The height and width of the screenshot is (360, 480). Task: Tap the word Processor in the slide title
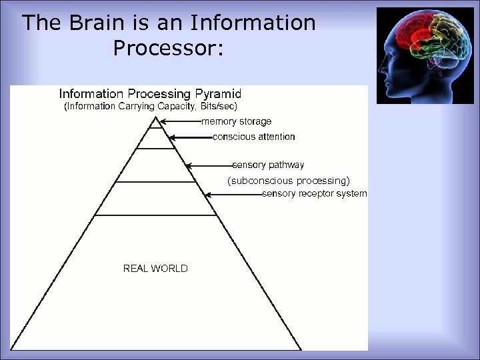pyautogui.click(x=166, y=49)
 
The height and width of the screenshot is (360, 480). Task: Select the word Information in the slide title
pyautogui.click(x=253, y=23)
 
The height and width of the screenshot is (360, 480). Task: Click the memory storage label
pyautogui.click(x=236, y=122)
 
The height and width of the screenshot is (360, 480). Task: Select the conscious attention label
pyautogui.click(x=253, y=137)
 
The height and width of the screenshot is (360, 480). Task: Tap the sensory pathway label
pyautogui.click(x=268, y=165)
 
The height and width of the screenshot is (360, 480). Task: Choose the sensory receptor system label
pyautogui.click(x=314, y=193)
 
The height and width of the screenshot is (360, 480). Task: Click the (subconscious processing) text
pyautogui.click(x=288, y=181)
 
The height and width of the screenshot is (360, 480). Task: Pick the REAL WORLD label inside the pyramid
pyautogui.click(x=155, y=269)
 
